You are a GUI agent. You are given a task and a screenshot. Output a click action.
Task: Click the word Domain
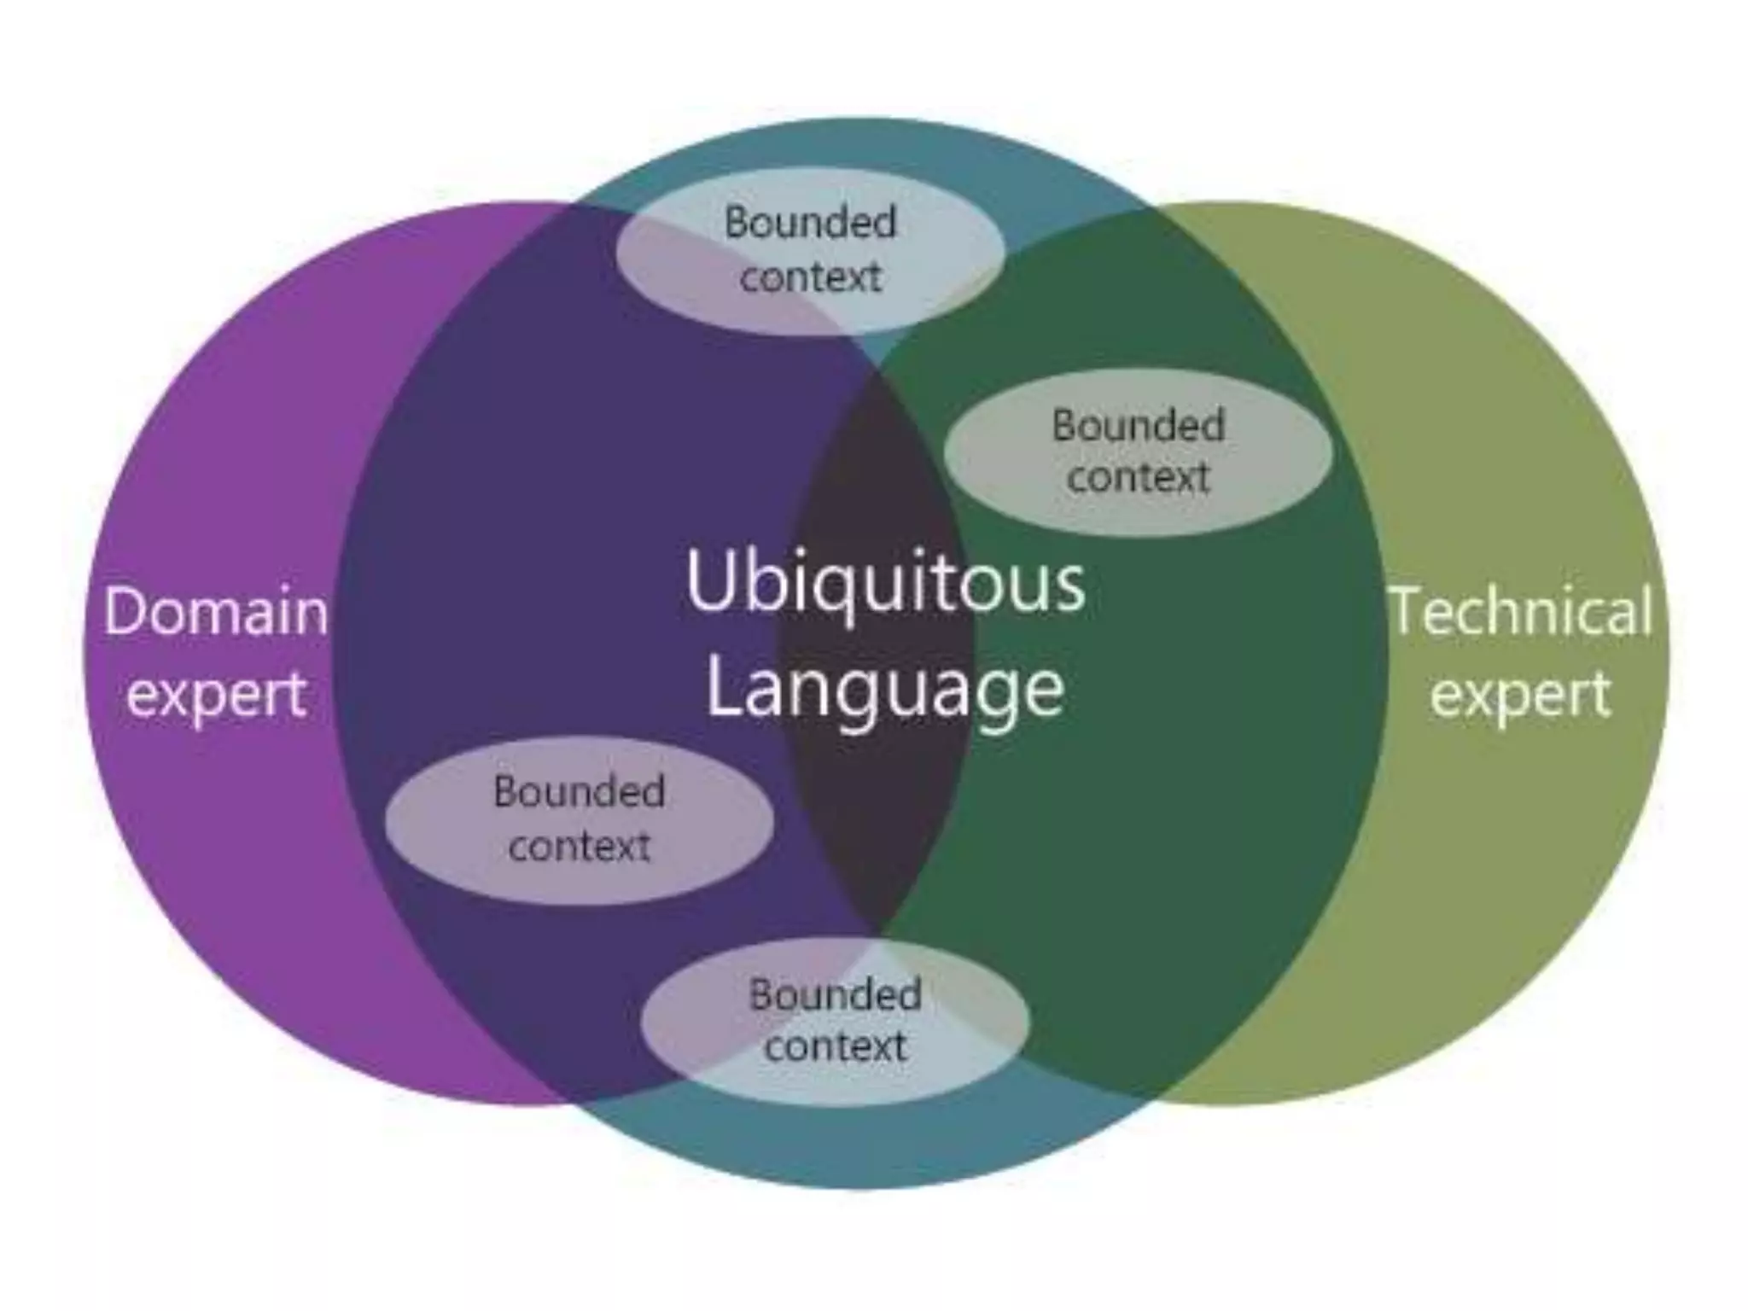click(x=216, y=612)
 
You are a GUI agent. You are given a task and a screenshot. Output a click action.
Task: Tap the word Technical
click(x=1522, y=612)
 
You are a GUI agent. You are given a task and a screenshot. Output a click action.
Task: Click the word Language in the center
click(x=885, y=690)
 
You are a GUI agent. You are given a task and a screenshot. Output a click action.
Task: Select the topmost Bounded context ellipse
click(x=809, y=250)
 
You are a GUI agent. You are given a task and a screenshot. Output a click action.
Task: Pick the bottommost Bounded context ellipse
click(x=835, y=1021)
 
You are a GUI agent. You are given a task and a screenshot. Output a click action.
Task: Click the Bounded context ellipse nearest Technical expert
click(x=1138, y=452)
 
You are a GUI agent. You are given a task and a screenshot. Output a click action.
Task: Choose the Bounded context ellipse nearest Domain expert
click(x=580, y=820)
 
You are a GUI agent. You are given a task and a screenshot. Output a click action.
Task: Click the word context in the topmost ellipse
click(x=810, y=277)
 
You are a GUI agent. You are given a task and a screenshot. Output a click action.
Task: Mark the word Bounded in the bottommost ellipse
click(x=835, y=994)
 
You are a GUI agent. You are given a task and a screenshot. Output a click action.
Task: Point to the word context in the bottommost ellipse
click(x=835, y=1047)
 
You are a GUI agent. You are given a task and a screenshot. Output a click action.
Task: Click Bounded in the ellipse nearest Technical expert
click(x=1138, y=425)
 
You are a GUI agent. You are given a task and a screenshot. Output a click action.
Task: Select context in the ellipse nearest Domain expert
click(x=580, y=847)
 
